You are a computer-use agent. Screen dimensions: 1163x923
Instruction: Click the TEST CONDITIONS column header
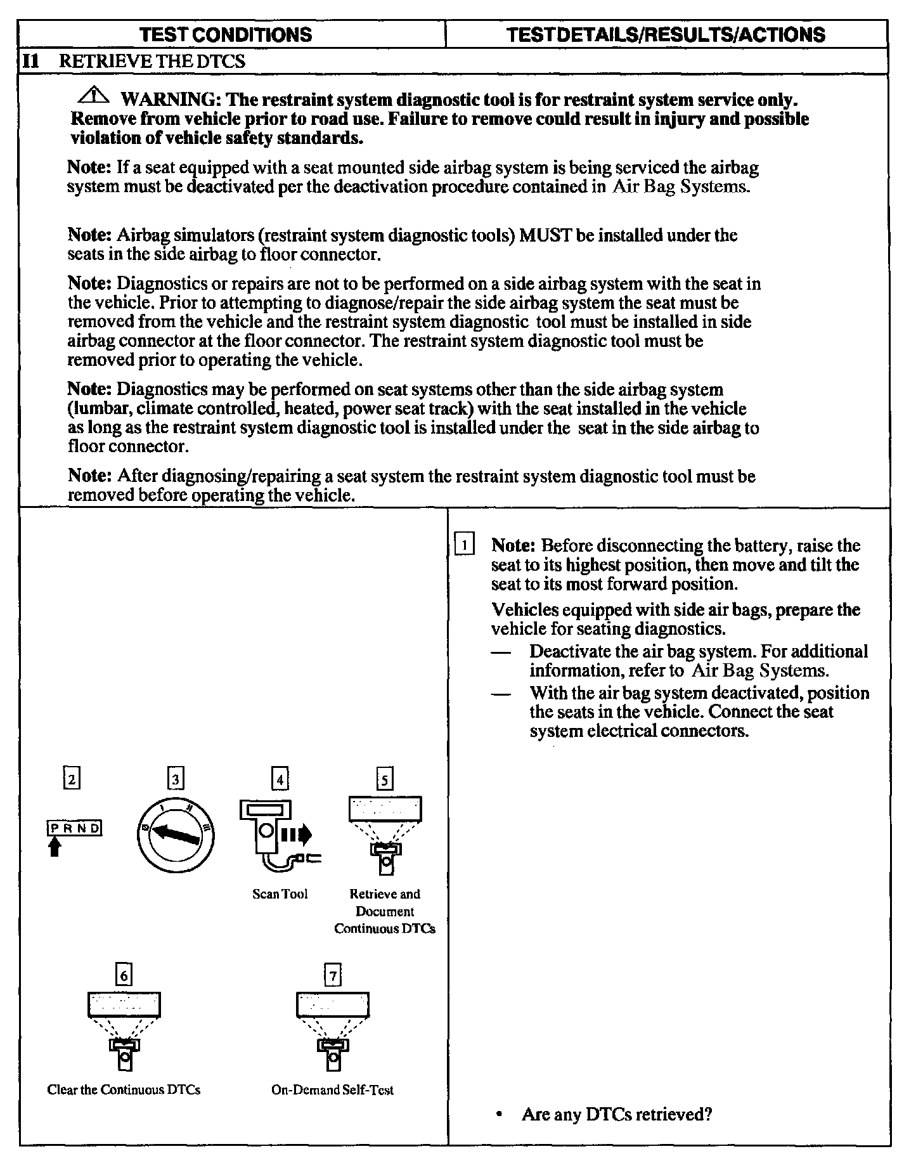226,34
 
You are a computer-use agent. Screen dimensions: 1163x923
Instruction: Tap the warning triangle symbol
94,96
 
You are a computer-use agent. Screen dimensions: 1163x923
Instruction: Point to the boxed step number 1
465,546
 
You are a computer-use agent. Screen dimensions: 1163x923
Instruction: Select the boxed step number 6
124,975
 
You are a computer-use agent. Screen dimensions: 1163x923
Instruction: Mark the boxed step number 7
332,975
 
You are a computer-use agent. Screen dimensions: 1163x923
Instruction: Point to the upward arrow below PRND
55,847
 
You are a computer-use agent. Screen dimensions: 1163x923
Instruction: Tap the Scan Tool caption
280,894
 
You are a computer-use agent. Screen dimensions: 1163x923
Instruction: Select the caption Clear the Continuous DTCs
124,1090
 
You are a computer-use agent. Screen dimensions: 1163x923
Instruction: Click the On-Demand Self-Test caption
332,1090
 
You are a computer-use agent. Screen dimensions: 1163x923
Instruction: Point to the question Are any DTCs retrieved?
616,1114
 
